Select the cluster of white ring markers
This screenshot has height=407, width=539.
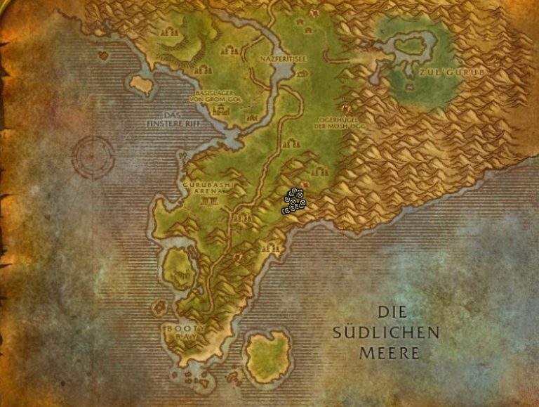point(293,201)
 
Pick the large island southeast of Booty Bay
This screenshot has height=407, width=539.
point(269,355)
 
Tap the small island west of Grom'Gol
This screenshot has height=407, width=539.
point(142,85)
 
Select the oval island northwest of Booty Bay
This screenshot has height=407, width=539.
point(179,267)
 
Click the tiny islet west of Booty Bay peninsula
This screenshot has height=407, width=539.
point(159,307)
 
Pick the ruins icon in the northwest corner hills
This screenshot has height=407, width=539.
point(168,32)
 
